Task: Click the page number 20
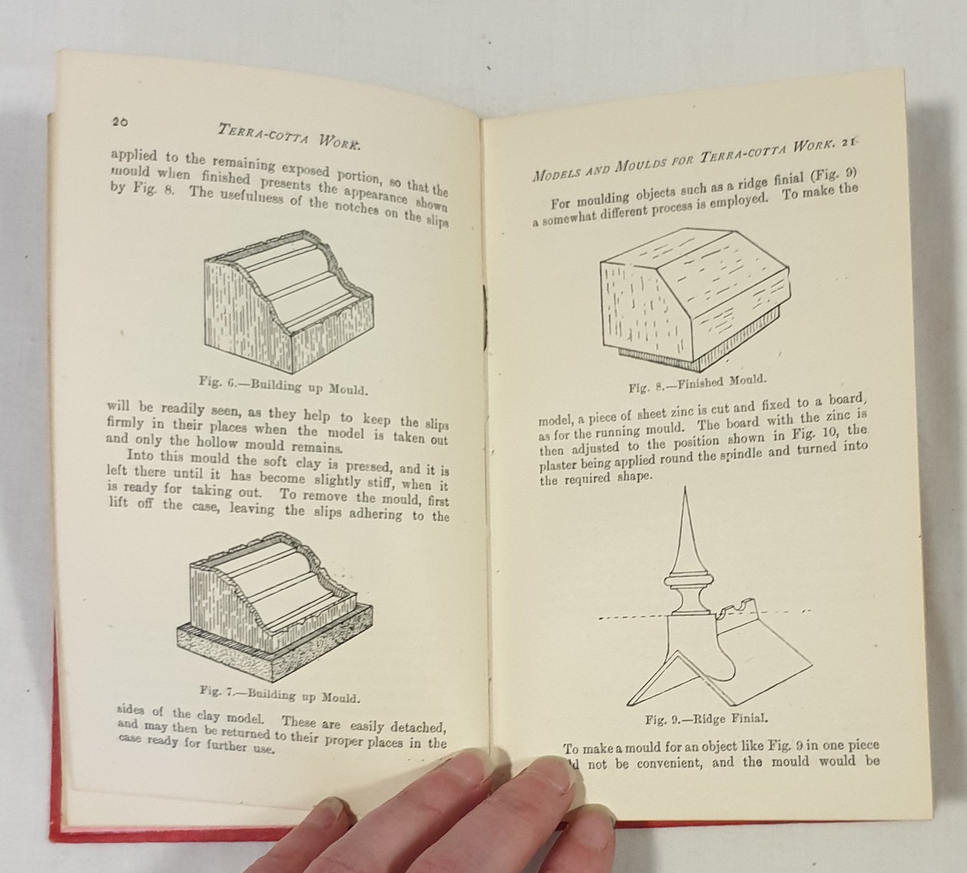120,122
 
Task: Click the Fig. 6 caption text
282,385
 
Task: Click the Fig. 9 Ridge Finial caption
707,718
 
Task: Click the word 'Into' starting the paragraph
142,456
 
